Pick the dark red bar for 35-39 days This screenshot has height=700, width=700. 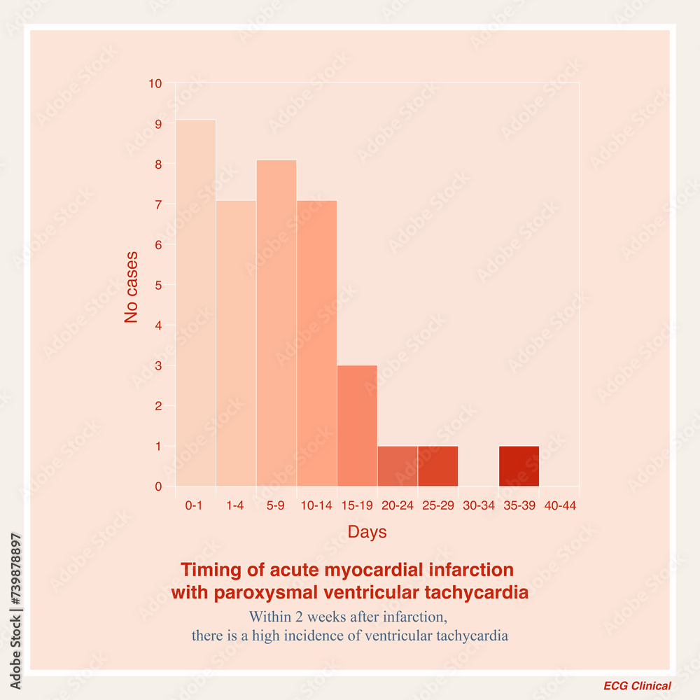point(519,466)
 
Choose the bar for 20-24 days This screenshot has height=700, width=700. point(398,466)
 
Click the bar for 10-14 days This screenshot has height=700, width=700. point(316,343)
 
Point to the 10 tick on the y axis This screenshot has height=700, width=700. point(155,84)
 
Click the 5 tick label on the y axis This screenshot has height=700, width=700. point(158,286)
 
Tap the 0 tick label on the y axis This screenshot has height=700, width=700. point(158,486)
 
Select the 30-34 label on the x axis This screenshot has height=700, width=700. point(479,506)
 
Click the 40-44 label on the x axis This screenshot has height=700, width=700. point(560,506)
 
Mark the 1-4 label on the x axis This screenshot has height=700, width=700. point(234,506)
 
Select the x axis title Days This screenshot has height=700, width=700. point(367,532)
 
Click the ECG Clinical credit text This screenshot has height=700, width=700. point(637,686)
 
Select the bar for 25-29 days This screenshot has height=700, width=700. point(438,466)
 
